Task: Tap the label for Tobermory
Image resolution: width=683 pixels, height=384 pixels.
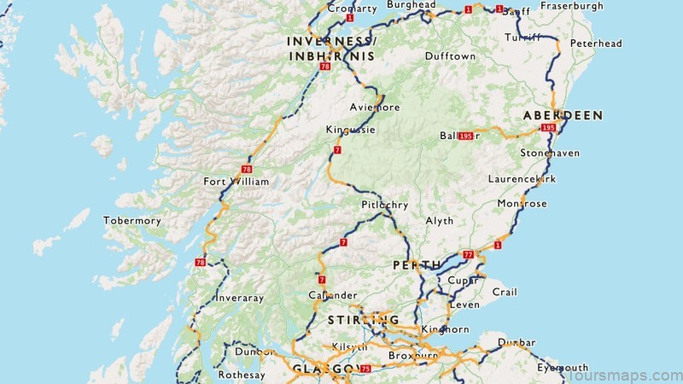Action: click(x=131, y=220)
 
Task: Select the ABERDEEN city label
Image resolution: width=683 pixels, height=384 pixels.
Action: click(x=563, y=114)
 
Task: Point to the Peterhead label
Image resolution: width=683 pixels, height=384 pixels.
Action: click(x=596, y=44)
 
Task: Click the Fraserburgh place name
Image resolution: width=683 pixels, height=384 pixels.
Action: click(x=572, y=6)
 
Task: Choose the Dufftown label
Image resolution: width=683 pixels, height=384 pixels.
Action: click(x=450, y=56)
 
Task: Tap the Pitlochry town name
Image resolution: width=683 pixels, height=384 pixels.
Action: click(x=384, y=206)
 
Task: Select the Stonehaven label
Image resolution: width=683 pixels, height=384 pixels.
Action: click(x=550, y=153)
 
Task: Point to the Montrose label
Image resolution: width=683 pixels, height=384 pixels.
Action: click(x=522, y=204)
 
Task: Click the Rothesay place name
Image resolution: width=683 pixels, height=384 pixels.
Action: click(x=242, y=374)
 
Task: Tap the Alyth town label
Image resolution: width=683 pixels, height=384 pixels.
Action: click(x=440, y=220)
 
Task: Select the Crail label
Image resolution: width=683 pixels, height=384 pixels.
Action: click(x=505, y=292)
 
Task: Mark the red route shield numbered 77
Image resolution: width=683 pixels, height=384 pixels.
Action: click(x=468, y=254)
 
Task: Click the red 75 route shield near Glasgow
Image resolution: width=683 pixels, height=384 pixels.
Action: click(x=366, y=369)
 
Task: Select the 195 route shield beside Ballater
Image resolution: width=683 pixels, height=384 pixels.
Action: click(x=466, y=136)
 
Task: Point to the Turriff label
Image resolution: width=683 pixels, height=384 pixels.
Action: click(x=522, y=38)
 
